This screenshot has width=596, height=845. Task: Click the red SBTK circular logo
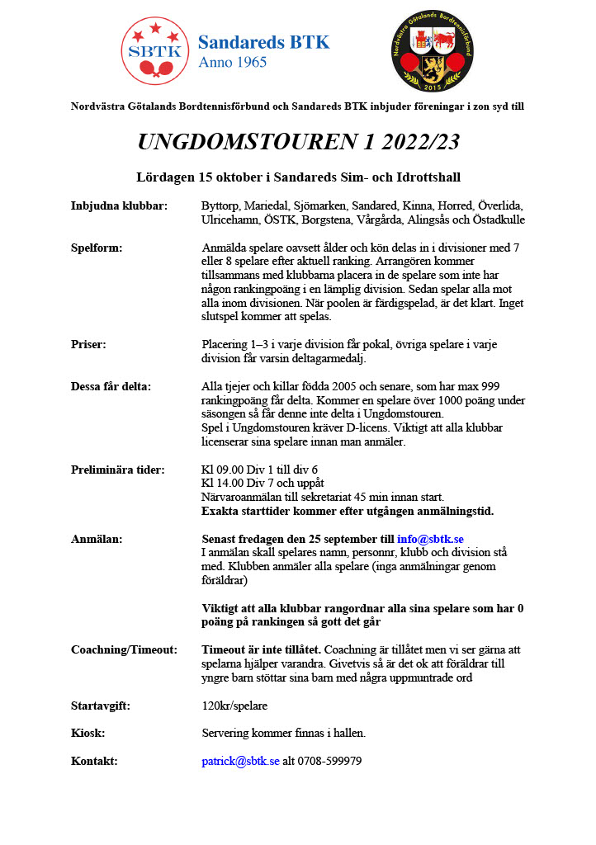(x=154, y=51)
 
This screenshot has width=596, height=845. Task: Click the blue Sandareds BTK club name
(x=264, y=43)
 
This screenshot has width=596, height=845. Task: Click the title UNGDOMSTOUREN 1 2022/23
(x=298, y=142)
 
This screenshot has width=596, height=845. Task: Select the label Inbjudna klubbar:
(x=120, y=205)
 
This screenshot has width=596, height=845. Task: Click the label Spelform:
(x=97, y=248)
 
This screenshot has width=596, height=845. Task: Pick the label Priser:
(x=88, y=344)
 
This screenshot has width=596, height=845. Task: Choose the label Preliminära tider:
(x=118, y=470)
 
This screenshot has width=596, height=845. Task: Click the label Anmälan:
(x=97, y=539)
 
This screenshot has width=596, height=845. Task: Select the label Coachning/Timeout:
(x=125, y=649)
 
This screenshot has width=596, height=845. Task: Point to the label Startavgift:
(x=101, y=706)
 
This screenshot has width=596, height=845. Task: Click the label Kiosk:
(x=88, y=733)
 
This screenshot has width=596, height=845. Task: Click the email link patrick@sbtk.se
(x=241, y=761)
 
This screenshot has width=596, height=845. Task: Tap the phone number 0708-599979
(x=330, y=761)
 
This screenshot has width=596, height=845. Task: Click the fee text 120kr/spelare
(x=234, y=706)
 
